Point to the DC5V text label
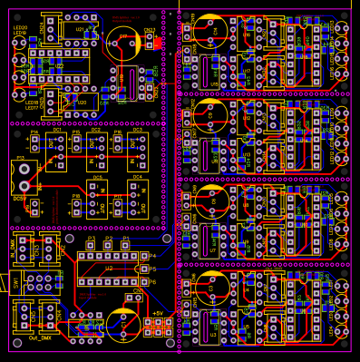click(18, 197)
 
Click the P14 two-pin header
click(34, 143)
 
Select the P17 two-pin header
click(118, 207)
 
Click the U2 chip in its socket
click(109, 269)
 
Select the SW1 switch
click(18, 282)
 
